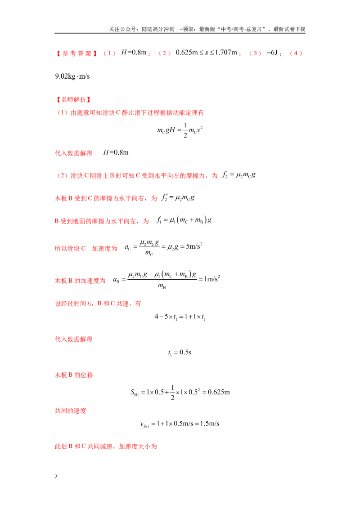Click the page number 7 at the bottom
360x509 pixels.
point(56,477)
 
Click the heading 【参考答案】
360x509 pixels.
point(76,53)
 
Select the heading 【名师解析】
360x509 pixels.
point(73,100)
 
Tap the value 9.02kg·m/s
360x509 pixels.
point(72,76)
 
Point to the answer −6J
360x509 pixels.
point(272,53)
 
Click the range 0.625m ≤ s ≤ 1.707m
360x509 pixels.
point(206,53)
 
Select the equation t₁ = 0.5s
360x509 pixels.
point(180,353)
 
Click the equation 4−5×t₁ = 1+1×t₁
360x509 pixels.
point(180,317)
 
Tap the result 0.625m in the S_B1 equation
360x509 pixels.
point(219,392)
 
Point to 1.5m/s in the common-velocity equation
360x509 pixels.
point(210,424)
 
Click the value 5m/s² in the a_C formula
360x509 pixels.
point(194,246)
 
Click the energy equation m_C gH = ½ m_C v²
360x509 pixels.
point(180,130)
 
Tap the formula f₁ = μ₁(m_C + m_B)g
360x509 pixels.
point(184,220)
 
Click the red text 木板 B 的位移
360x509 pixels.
point(74,375)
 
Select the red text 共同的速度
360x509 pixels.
point(71,411)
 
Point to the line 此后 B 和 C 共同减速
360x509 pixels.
point(106,446)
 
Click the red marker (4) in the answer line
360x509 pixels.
point(296,53)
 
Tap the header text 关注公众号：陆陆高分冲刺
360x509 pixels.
point(141,29)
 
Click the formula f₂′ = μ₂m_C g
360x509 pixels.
point(178,198)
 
